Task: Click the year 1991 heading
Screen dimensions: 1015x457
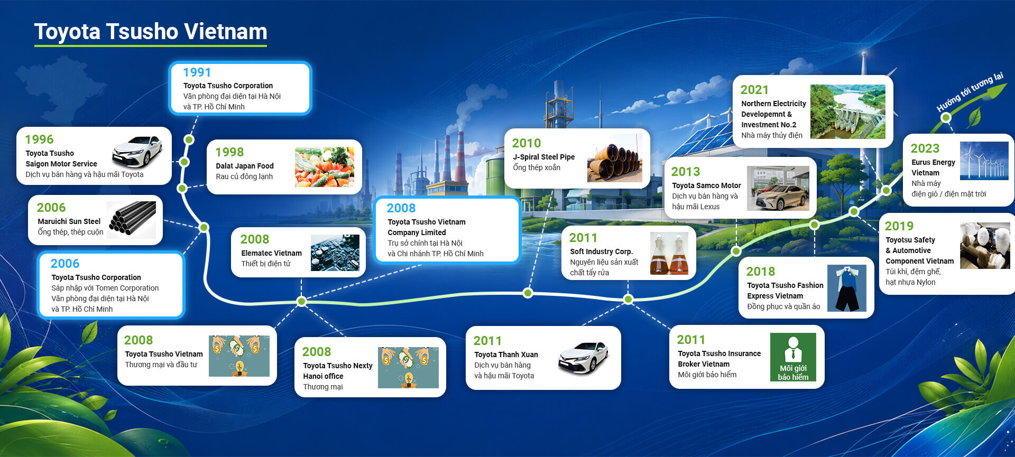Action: coord(197,72)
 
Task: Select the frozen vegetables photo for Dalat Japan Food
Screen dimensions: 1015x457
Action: coord(325,167)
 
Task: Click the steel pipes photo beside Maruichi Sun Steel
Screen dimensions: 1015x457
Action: coord(132,220)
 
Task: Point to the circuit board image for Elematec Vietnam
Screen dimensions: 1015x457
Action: coord(335,253)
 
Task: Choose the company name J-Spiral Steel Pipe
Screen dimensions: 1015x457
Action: coord(543,157)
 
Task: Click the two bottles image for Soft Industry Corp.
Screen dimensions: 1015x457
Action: coord(669,254)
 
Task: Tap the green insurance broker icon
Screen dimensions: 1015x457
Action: coord(793,357)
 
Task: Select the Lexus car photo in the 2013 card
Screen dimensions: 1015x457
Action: coord(778,189)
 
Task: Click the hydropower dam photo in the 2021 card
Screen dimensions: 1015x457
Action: coord(848,112)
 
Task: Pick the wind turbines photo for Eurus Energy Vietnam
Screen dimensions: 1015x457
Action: coord(984,161)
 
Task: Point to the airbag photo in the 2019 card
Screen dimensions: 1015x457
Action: coord(985,246)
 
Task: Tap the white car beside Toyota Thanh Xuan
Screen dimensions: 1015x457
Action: coord(584,358)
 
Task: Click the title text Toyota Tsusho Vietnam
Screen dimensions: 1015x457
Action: coord(151,32)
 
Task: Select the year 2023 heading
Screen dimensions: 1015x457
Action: coord(925,148)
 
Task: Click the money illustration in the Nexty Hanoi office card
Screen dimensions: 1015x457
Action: coord(408,368)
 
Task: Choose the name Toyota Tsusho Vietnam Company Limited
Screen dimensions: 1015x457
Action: coord(427,227)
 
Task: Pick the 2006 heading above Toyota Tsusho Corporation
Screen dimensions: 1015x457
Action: coord(65,264)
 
